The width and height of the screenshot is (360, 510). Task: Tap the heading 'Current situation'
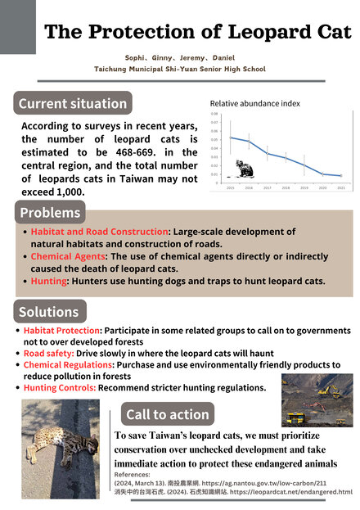coord(72,104)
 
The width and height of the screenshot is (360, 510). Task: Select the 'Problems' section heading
coord(51,213)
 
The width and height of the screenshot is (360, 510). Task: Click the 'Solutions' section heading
coord(49,312)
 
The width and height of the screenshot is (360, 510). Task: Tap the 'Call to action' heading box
coord(168,413)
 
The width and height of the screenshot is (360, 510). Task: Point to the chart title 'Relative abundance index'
coord(254,104)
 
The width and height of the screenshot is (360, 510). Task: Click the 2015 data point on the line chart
coord(231,138)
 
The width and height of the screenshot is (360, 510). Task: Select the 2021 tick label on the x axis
coord(340,187)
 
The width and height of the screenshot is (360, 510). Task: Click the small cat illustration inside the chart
coord(244,169)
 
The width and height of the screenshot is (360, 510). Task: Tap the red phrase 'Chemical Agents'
coord(66,256)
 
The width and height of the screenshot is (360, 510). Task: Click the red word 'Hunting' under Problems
coord(49,281)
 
